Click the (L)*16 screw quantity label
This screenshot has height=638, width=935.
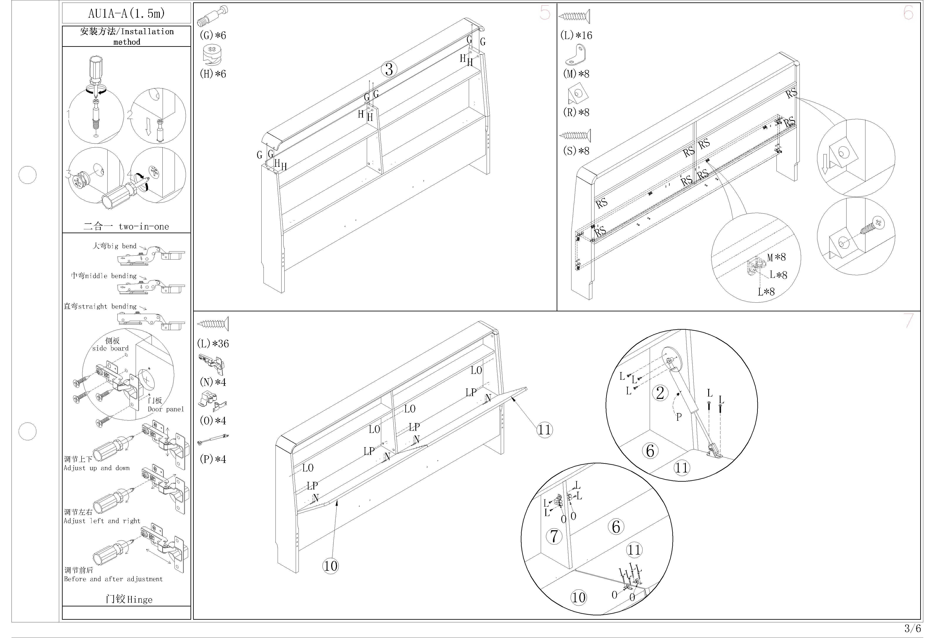pos(576,35)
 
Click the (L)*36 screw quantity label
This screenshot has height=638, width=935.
pos(213,344)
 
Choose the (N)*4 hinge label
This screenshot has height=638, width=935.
pos(213,382)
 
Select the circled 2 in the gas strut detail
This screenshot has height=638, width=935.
pos(660,393)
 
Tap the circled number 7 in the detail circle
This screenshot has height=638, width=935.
pos(554,536)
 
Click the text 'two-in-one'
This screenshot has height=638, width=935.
pos(144,226)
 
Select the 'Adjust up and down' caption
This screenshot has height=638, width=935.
pos(97,468)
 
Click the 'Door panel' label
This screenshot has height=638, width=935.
pos(166,409)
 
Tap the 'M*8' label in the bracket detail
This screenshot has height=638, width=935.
pos(776,257)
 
